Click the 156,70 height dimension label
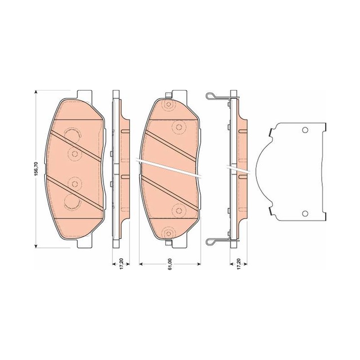pyautogui.click(x=36, y=169)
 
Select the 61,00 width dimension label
pyautogui.click(x=170, y=265)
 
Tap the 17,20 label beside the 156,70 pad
pyautogui.click(x=121, y=264)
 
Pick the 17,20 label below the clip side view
pyautogui.click(x=239, y=264)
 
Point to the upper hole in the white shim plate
pyautogui.click(x=305, y=130)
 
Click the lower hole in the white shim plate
pyautogui.click(x=305, y=214)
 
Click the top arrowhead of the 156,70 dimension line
pyautogui.click(x=36, y=92)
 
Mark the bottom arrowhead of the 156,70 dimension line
pyautogui.click(x=36, y=246)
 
